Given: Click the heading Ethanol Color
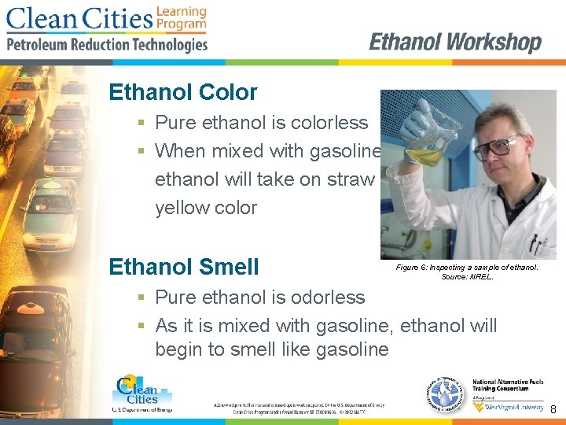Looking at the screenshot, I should [x=183, y=92].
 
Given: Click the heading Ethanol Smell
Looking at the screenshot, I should [x=184, y=267].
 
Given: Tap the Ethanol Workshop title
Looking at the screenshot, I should [x=455, y=42].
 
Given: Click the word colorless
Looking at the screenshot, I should [x=329, y=123].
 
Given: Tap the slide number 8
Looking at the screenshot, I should [x=553, y=409].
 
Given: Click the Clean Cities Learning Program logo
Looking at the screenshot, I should [x=106, y=19].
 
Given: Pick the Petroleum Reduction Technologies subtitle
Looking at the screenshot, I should [x=107, y=45].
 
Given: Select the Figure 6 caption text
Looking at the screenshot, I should [x=467, y=272].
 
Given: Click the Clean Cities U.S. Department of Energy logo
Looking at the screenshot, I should [x=142, y=393].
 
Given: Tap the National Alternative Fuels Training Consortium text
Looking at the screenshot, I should [x=508, y=387].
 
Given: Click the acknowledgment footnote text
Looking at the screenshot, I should [x=299, y=407].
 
